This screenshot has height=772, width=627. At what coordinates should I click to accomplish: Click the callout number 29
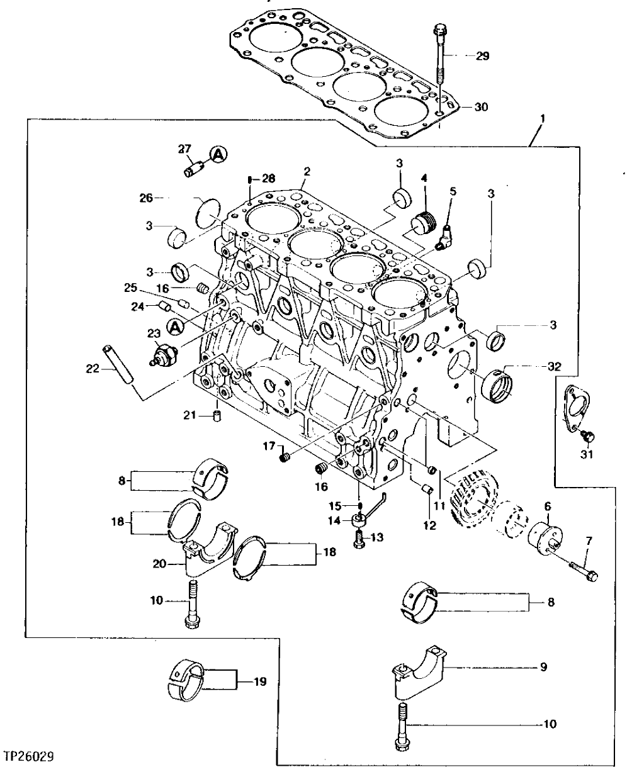click(x=482, y=57)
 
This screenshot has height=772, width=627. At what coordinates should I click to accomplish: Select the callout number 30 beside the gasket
click(x=481, y=108)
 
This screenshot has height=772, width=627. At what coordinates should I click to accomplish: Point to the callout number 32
click(x=554, y=366)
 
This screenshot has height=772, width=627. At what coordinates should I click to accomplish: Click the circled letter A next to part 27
click(x=217, y=154)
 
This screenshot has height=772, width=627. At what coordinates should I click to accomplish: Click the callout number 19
click(x=259, y=681)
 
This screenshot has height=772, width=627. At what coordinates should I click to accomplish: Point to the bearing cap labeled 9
click(x=419, y=676)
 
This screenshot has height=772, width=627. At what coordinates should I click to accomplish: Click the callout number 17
click(x=269, y=446)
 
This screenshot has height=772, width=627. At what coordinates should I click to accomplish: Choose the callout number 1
click(x=542, y=118)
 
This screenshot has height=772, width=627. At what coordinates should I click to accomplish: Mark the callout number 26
click(x=147, y=199)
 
